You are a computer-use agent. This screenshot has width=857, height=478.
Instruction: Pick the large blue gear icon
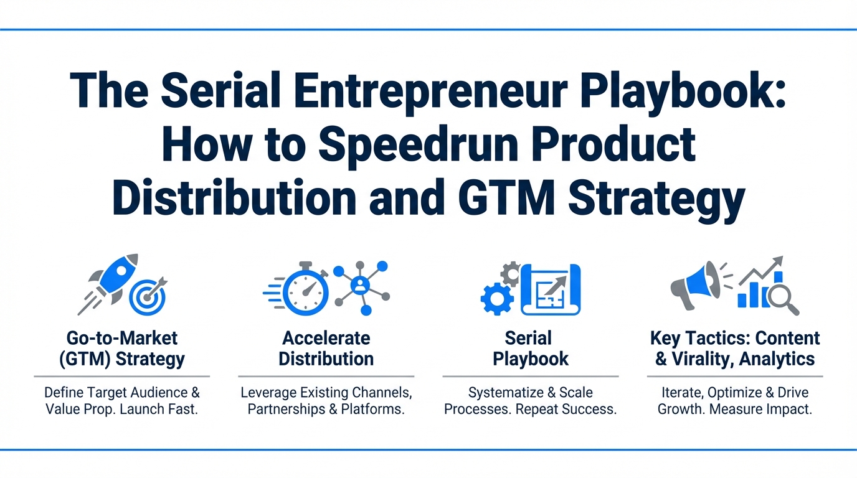pyautogui.click(x=497, y=299)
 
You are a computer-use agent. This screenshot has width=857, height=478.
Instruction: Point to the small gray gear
pyautogui.click(x=511, y=273)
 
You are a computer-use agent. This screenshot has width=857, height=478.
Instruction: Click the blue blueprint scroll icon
pyautogui.click(x=551, y=289)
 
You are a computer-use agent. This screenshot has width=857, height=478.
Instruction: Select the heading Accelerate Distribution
pyautogui.click(x=326, y=349)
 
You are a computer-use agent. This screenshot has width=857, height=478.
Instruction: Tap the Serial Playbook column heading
pyautogui.click(x=530, y=349)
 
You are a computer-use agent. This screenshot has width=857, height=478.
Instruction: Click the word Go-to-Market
pyautogui.click(x=122, y=338)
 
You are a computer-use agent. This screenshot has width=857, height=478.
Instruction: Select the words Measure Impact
pyautogui.click(x=760, y=409)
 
